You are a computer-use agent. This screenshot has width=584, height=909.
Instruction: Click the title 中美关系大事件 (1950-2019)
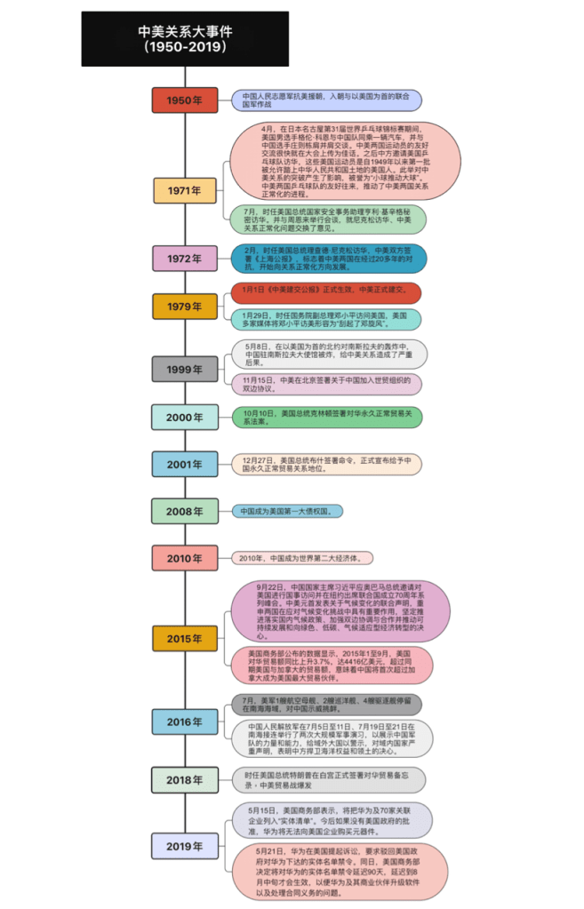tap(185, 39)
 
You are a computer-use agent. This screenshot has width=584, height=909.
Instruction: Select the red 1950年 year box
tap(184, 100)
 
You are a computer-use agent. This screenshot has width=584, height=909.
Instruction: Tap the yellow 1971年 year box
tap(184, 190)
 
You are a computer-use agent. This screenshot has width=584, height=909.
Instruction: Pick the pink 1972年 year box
tap(184, 259)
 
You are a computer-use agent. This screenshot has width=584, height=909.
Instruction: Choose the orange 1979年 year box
tap(184, 307)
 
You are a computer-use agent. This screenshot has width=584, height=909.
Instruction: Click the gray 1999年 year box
tap(184, 369)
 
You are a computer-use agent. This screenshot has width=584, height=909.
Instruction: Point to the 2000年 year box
tap(184, 417)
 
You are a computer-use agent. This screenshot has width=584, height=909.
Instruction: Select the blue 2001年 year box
tap(184, 464)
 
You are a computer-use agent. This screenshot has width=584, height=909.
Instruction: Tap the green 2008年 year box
tap(184, 511)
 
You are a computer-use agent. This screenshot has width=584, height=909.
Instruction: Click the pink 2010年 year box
tap(184, 558)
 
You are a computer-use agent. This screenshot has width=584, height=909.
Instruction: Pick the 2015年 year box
tap(184, 638)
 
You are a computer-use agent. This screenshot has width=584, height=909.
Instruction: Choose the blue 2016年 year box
tap(184, 722)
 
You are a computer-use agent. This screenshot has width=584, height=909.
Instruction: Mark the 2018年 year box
tap(184, 779)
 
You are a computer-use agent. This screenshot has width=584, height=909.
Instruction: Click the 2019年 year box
tap(184, 847)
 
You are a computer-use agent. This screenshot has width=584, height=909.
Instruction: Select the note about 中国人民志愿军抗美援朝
tap(326, 100)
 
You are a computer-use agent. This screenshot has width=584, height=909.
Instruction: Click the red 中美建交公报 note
tap(325, 291)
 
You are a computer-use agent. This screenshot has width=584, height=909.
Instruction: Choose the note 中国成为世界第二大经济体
tap(302, 558)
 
